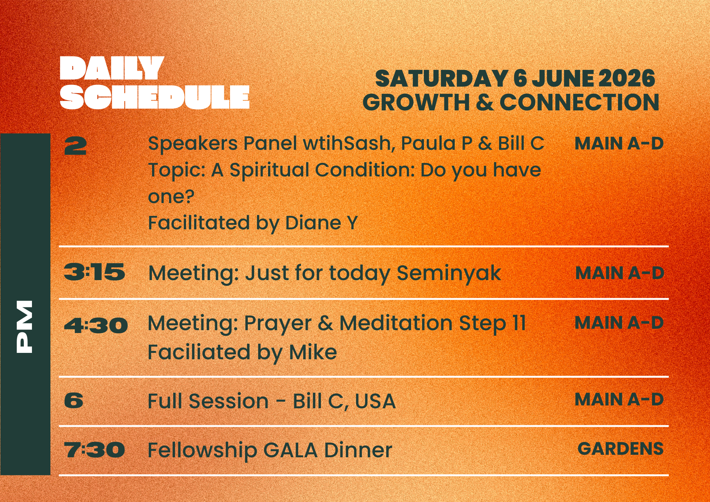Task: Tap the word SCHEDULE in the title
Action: (x=155, y=97)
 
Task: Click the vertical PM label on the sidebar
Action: (x=25, y=327)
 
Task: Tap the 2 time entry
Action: (x=75, y=146)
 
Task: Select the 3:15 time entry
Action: (x=94, y=272)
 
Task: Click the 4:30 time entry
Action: (x=96, y=325)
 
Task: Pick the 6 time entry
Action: (x=74, y=400)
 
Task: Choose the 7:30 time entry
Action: (x=94, y=450)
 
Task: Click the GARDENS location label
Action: (x=621, y=448)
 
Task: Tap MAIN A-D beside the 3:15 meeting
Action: (x=620, y=273)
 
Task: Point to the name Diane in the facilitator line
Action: (x=313, y=223)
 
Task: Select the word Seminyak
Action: (x=449, y=273)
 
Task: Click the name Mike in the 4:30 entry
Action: (x=313, y=352)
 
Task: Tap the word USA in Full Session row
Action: (x=375, y=401)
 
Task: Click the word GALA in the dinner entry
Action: (x=290, y=450)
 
